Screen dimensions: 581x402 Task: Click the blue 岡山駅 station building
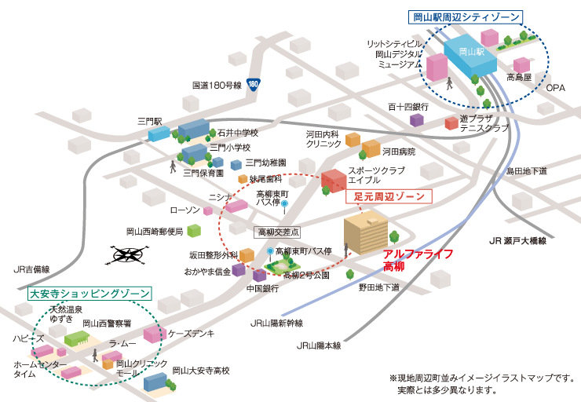(x=470, y=56)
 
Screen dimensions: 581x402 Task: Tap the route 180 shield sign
(x=253, y=84)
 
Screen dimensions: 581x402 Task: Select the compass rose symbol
(x=127, y=254)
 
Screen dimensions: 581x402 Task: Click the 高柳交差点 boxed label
(x=278, y=232)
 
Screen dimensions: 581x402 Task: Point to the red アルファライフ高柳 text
(x=418, y=260)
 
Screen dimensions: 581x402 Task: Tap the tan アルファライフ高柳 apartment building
(x=366, y=232)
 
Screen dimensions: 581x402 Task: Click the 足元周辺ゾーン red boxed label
(x=389, y=196)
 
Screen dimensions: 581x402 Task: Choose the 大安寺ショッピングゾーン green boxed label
(x=90, y=294)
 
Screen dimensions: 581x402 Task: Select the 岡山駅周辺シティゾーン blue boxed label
(x=466, y=17)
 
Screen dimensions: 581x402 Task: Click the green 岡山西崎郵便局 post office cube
(x=194, y=231)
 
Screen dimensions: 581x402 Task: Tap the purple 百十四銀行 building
(x=416, y=119)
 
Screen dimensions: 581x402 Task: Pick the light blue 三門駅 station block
(x=159, y=133)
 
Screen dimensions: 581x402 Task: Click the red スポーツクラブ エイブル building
(x=334, y=181)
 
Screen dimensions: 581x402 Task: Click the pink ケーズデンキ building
(x=155, y=334)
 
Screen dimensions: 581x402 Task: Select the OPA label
(x=555, y=88)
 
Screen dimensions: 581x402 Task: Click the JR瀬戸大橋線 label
(x=517, y=241)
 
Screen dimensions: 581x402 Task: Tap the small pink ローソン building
(x=208, y=211)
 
